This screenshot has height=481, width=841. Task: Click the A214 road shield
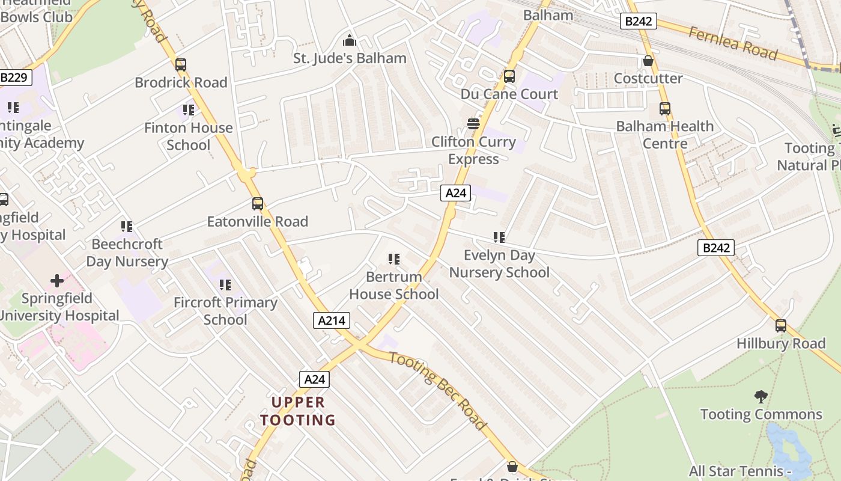(x=332, y=320)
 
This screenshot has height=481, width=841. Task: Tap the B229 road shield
(x=14, y=77)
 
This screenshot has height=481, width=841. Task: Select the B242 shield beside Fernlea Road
(x=639, y=22)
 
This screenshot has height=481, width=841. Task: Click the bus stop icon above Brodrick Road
(x=181, y=65)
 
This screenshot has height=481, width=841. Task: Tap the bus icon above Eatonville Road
(x=258, y=204)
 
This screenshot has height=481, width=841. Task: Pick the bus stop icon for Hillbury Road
(x=781, y=326)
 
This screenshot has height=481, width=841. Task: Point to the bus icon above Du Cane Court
(x=509, y=76)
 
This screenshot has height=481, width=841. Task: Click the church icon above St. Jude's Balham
(x=350, y=41)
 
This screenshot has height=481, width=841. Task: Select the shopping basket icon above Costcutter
(x=648, y=61)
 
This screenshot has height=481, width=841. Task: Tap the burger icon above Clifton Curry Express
(x=473, y=124)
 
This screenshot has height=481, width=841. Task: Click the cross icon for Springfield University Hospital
(x=57, y=281)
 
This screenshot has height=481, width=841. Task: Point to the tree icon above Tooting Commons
(x=761, y=397)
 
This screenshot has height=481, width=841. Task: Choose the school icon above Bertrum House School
(x=394, y=259)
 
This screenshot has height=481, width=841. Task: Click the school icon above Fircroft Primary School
(x=225, y=285)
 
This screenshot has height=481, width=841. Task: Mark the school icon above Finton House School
(x=189, y=110)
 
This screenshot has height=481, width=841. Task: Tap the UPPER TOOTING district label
(x=298, y=411)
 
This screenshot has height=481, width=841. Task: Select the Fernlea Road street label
(x=733, y=43)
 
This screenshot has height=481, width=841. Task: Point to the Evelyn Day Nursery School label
(x=499, y=264)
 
